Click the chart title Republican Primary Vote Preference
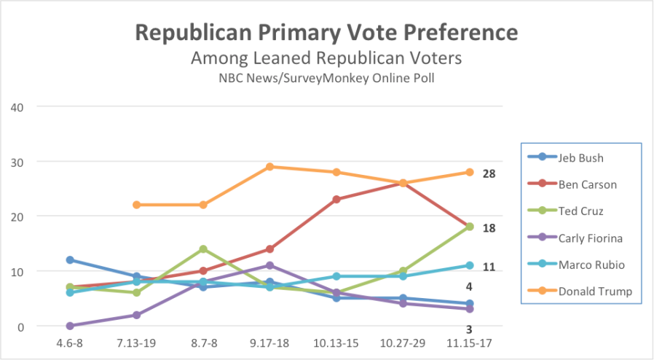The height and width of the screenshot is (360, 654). (x=326, y=34)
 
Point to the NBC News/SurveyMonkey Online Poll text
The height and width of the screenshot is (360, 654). (x=326, y=77)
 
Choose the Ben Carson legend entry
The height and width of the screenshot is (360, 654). (x=587, y=184)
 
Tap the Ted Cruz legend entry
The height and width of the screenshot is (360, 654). (x=580, y=211)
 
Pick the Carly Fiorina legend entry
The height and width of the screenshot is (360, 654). (x=588, y=238)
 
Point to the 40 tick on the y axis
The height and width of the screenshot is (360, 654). (x=17, y=106)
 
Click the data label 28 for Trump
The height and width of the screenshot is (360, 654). (x=489, y=173)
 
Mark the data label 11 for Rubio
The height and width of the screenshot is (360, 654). (x=489, y=267)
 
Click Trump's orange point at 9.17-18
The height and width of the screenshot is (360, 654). (x=269, y=167)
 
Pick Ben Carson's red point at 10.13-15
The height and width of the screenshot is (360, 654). (x=336, y=199)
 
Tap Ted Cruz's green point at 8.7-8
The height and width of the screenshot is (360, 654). (x=203, y=249)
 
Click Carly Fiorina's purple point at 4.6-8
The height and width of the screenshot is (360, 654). (x=70, y=326)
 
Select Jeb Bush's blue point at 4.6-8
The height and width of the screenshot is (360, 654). (x=70, y=259)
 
